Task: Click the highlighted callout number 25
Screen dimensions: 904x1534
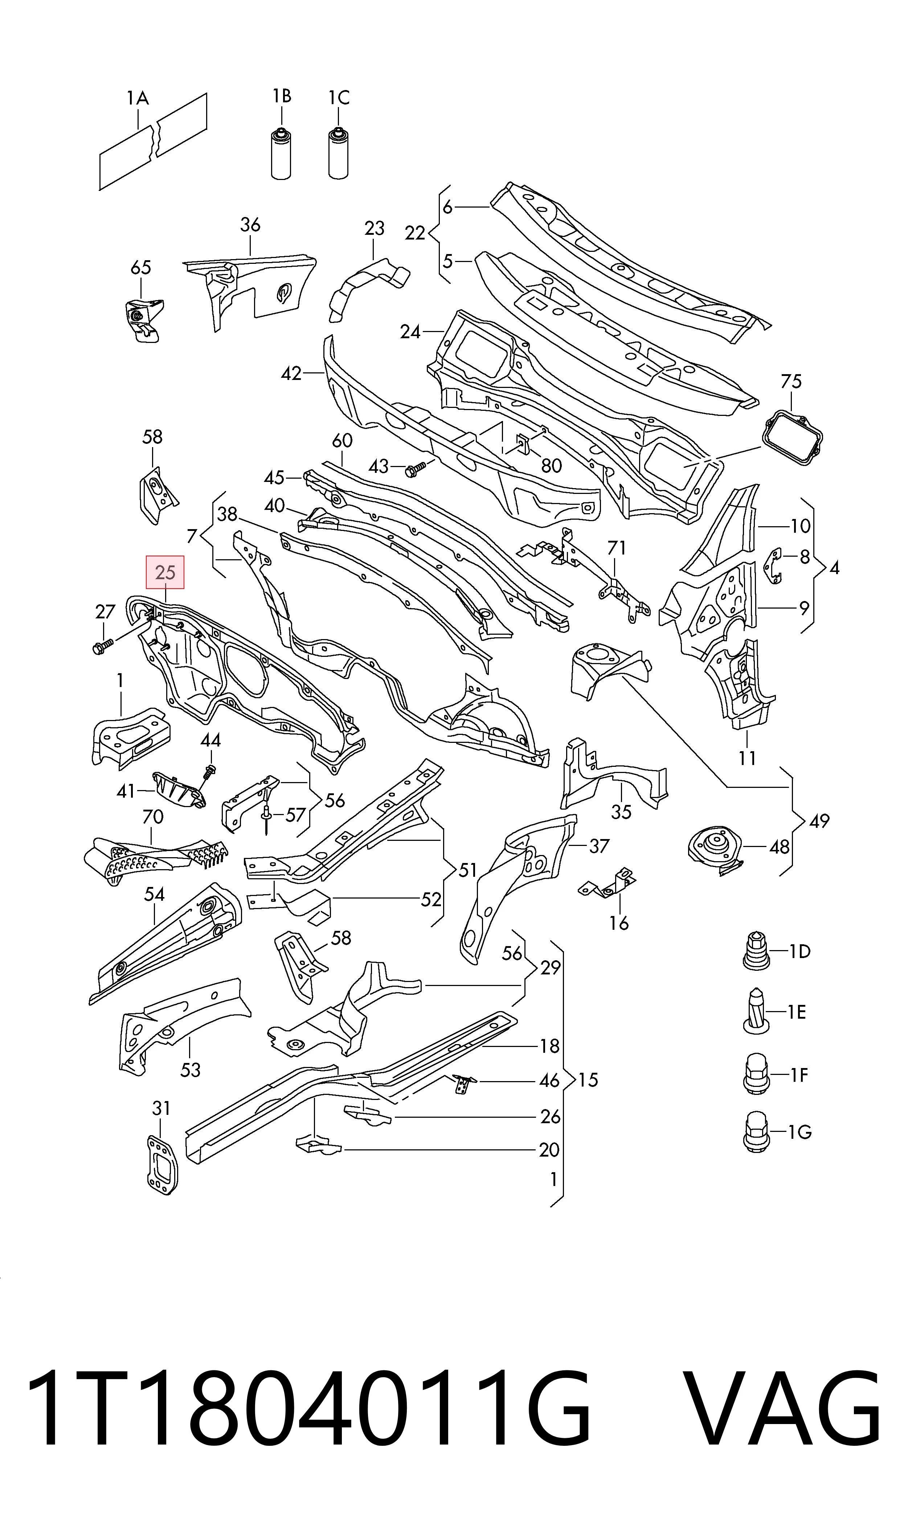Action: click(x=165, y=572)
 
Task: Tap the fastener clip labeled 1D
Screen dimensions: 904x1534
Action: click(x=757, y=950)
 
